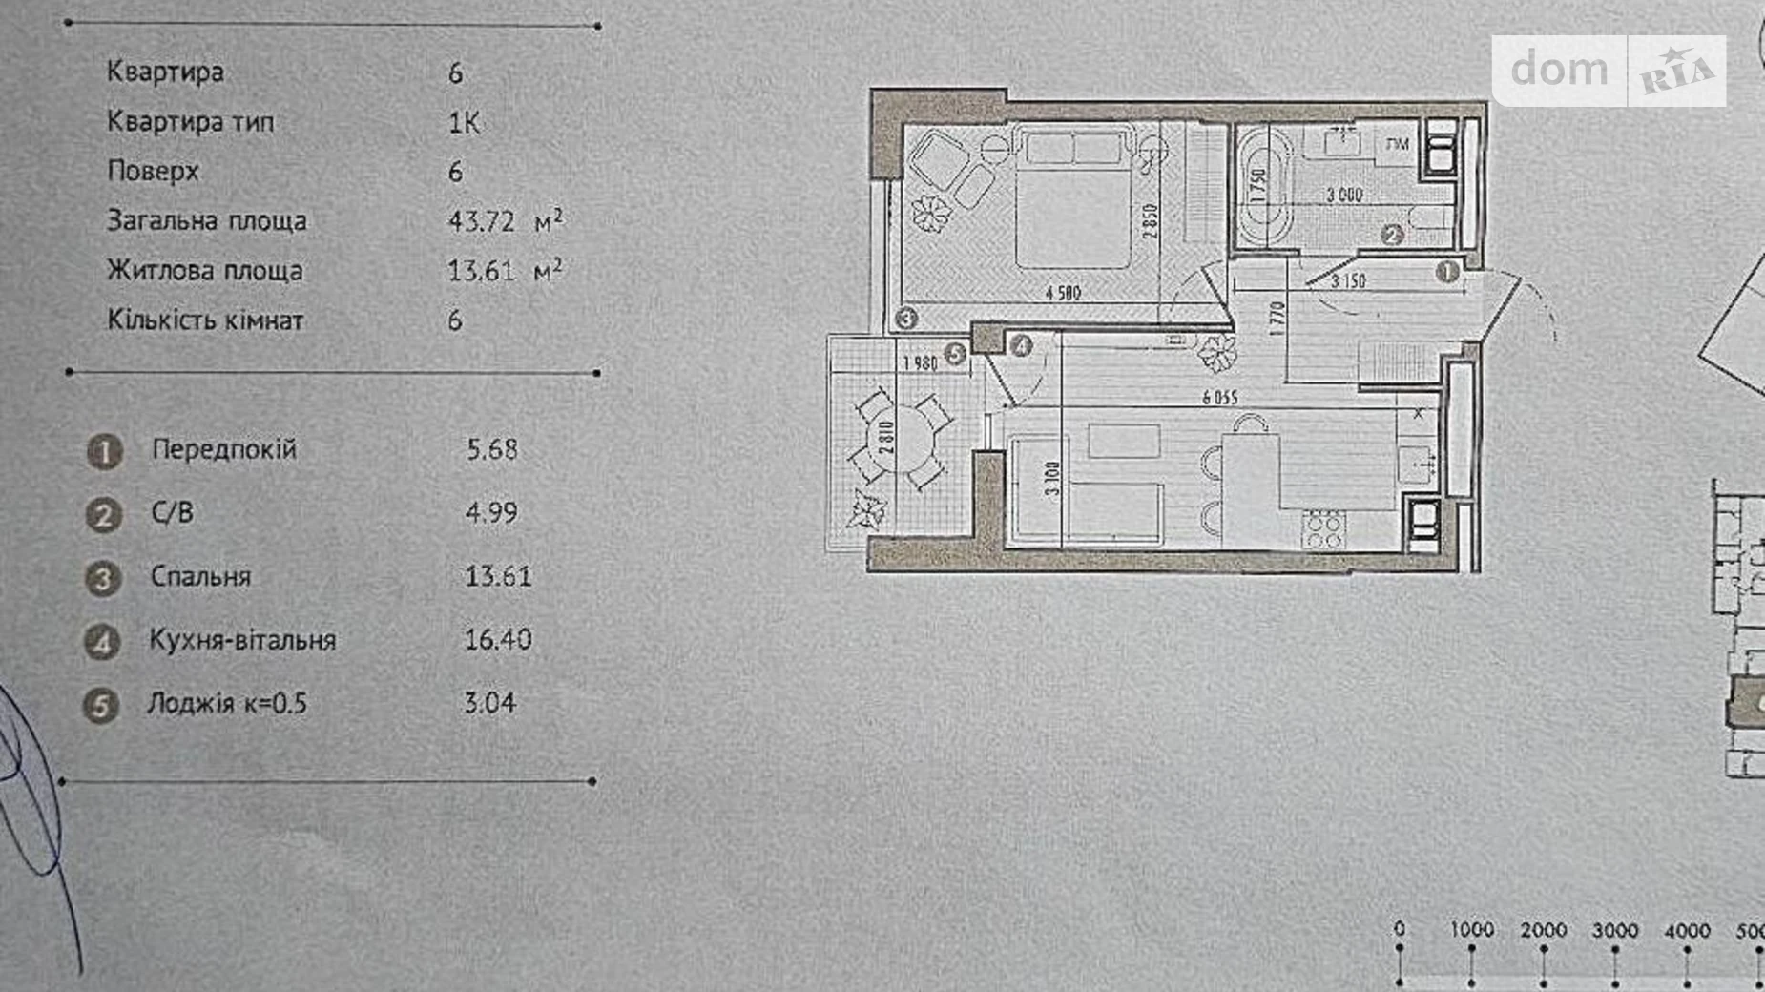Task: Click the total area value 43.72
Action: click(x=482, y=221)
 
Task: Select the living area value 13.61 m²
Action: click(x=504, y=271)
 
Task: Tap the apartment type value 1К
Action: click(x=464, y=123)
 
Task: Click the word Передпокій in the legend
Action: click(x=224, y=449)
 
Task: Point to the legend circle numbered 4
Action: click(x=102, y=642)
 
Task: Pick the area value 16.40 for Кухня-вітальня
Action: click(x=497, y=639)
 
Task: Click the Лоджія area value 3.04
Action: click(x=489, y=703)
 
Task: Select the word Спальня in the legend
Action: click(x=200, y=577)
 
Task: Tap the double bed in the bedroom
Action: click(x=1073, y=200)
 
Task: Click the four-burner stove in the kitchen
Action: click(x=1324, y=529)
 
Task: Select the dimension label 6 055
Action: click(x=1220, y=398)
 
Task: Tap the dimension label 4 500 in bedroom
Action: click(x=1063, y=293)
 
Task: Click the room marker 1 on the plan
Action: click(x=1446, y=272)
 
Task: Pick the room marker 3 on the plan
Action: click(x=905, y=318)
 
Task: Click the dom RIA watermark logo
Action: click(x=1609, y=71)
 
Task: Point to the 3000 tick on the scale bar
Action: click(x=1615, y=931)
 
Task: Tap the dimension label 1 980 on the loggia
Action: click(x=920, y=362)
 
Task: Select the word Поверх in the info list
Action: click(x=153, y=172)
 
